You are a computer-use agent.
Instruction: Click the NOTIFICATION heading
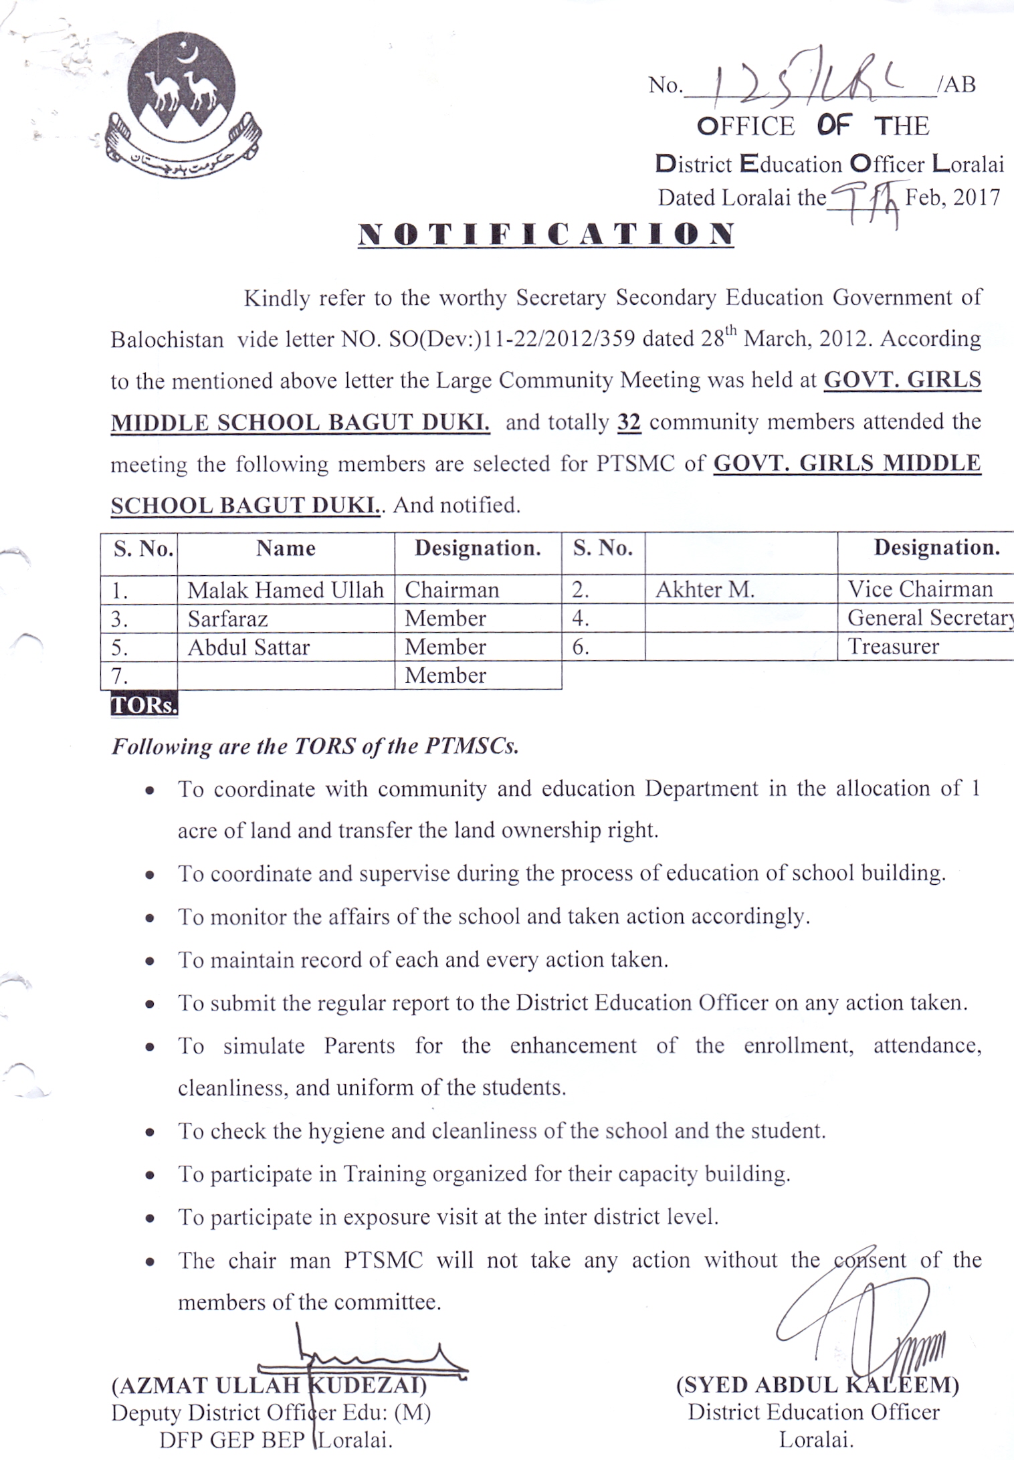tap(546, 234)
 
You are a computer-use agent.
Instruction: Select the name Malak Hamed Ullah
tap(286, 590)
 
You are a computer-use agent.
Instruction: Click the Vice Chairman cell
tap(920, 589)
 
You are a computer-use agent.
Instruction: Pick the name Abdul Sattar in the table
tap(249, 647)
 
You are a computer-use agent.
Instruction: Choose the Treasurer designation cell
tap(893, 647)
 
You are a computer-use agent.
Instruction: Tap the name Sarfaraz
tap(227, 619)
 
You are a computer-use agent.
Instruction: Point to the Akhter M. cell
tap(704, 589)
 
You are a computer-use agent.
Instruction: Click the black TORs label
tap(144, 705)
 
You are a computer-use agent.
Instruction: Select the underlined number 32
tap(629, 423)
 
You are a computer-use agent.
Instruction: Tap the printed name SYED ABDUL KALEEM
tap(817, 1384)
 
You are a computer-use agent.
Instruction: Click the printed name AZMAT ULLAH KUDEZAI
tap(269, 1384)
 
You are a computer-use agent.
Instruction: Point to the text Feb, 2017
tap(952, 198)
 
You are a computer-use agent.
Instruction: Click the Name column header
tap(286, 548)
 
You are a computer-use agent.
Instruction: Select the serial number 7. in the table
tap(120, 676)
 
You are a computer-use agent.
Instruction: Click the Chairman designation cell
tap(451, 590)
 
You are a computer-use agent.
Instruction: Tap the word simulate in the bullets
tap(264, 1045)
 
